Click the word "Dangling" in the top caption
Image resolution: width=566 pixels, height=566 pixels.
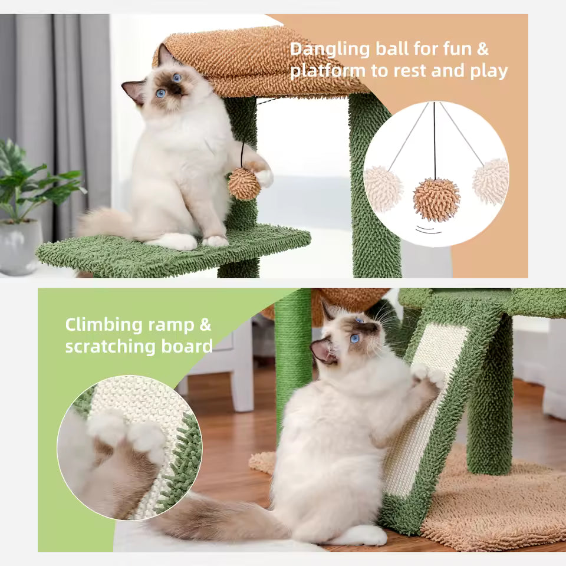coord(330,49)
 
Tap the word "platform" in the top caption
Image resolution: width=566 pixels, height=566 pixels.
coord(327,71)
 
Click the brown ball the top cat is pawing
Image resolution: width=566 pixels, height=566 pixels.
coord(243,183)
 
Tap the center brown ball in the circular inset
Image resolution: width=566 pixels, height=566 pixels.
coord(436,200)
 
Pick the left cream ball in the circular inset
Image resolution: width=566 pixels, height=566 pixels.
coord(383,188)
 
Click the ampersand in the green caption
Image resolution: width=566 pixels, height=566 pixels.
coord(205,325)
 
